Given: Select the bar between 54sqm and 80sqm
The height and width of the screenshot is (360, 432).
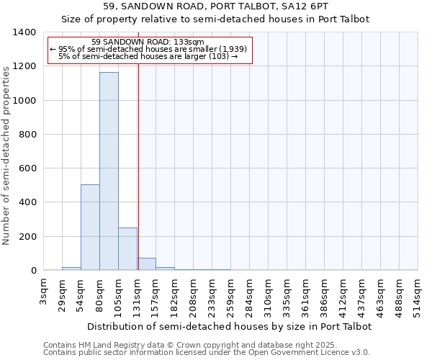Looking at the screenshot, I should pos(90,228).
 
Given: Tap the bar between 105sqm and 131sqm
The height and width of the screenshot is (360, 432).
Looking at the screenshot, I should pos(127,249).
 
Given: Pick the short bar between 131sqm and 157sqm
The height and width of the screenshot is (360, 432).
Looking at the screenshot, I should pos(146,264).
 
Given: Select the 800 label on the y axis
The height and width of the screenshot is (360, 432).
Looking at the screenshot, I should pos(27,135).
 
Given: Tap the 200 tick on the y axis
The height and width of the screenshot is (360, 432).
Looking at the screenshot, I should pos(27,237).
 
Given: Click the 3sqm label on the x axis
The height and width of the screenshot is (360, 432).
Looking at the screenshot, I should pos(44,292).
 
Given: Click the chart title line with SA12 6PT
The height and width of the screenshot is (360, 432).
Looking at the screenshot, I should pos(215,6).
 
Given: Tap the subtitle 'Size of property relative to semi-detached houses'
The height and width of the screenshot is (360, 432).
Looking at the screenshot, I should pos(215,19).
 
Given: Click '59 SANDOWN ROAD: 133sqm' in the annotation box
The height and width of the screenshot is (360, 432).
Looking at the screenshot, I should pos(148,42).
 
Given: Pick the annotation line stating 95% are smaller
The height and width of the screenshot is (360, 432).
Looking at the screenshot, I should pos(148,49).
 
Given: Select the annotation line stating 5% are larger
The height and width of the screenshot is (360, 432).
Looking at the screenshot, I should pos(148,56).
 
